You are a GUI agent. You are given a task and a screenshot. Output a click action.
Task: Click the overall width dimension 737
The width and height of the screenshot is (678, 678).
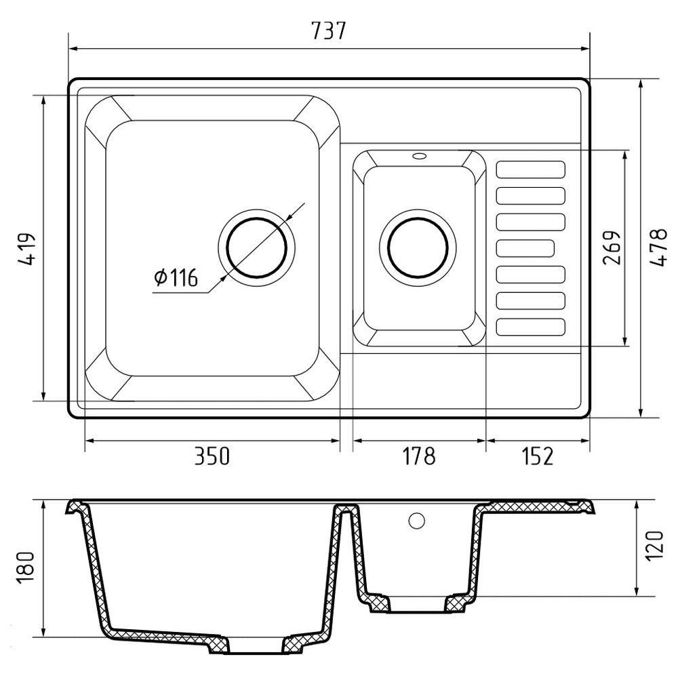[x=329, y=31]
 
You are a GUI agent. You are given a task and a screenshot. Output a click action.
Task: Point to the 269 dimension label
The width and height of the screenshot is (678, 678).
[x=612, y=247]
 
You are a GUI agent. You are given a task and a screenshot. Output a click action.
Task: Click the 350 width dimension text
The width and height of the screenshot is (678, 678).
[x=212, y=456]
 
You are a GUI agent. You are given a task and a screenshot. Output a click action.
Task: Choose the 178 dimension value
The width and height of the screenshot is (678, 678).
[x=418, y=456]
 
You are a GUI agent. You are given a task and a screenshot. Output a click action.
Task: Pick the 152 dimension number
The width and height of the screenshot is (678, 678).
[x=538, y=456]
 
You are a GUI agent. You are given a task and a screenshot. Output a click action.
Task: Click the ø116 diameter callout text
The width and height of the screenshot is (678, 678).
[x=176, y=277]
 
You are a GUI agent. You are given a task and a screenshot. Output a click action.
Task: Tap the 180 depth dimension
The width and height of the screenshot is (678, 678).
[x=26, y=568]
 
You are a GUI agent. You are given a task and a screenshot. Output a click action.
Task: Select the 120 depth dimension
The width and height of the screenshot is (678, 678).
[x=654, y=546]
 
